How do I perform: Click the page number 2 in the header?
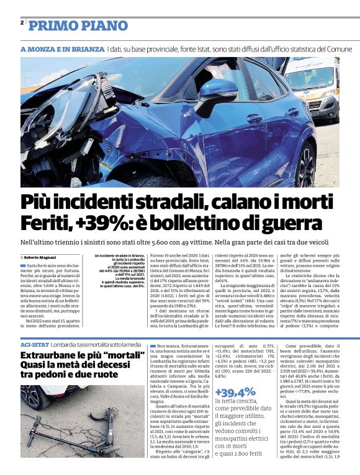pos(22,23)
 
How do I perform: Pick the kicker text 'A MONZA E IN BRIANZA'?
pos(62,49)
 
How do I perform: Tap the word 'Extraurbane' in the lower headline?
pos(55,356)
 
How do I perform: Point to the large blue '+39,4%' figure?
pos(235,391)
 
